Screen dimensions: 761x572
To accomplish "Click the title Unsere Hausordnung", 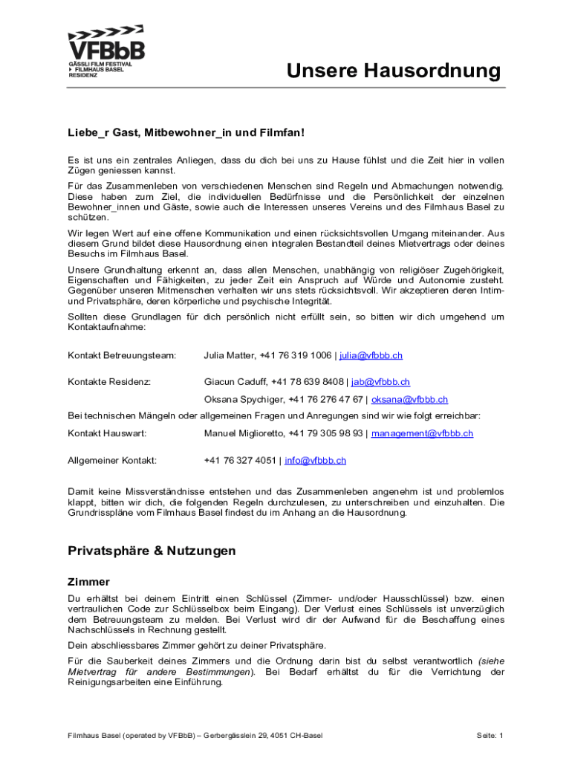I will coord(394,71).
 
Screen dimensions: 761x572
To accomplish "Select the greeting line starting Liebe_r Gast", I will coord(186,132).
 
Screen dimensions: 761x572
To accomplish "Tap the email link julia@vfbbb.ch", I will coord(371,356).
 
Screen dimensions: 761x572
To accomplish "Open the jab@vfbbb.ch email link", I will coord(380,382).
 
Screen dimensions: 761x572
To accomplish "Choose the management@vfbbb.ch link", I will coord(422,433).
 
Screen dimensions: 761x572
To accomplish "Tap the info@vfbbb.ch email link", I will coord(315,461).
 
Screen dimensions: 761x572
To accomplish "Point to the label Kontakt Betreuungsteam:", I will coord(122,356).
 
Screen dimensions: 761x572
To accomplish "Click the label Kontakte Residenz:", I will coord(109,382).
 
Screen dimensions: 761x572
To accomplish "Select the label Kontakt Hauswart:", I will coord(107,433).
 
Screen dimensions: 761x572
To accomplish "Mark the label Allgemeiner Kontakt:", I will coord(112,461).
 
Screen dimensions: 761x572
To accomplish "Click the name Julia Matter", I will coord(229,356).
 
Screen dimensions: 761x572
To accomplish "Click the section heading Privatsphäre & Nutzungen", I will coord(152,551).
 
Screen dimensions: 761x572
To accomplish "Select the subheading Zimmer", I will coord(88,582).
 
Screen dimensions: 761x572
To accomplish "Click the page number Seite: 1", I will coord(490,736).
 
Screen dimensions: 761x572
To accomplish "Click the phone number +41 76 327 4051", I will coord(239,461).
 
